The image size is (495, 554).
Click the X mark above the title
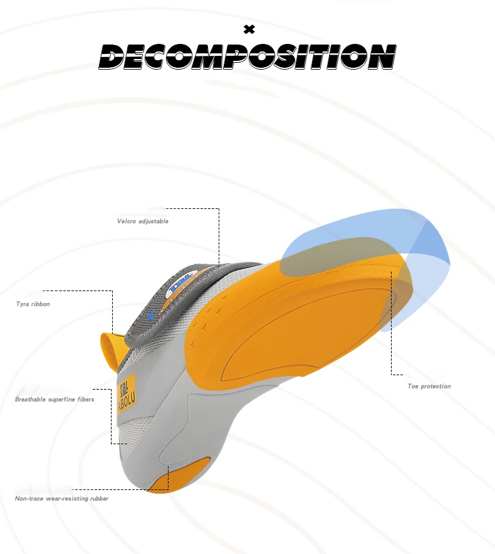(249, 28)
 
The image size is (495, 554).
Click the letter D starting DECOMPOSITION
(112, 57)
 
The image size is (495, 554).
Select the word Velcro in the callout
(127, 221)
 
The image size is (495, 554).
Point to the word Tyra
(23, 304)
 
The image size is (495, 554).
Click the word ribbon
(41, 304)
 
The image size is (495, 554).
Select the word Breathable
(31, 400)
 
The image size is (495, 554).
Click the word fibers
(86, 400)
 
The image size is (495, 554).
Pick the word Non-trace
(29, 499)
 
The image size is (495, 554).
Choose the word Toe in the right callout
(413, 386)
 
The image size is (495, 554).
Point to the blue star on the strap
(150, 316)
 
